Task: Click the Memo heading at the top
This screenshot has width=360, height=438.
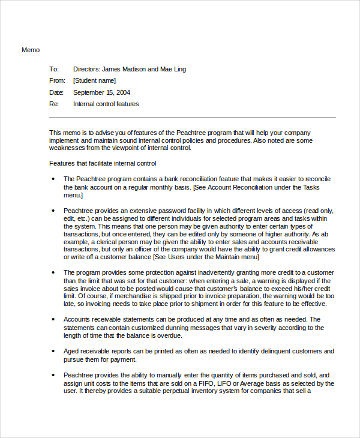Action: pyautogui.click(x=31, y=50)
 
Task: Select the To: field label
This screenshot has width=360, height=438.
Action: pyautogui.click(x=54, y=69)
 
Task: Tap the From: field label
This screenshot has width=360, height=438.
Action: pyautogui.click(x=57, y=80)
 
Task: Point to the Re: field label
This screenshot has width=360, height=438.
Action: pyautogui.click(x=54, y=104)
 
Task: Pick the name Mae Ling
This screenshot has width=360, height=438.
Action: pyautogui.click(x=173, y=69)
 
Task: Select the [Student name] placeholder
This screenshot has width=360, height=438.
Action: pyautogui.click(x=95, y=80)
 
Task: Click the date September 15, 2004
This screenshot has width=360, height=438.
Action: pyautogui.click(x=101, y=92)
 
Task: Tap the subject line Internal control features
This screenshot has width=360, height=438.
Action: pyautogui.click(x=106, y=104)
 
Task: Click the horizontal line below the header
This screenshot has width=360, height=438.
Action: pyautogui.click(x=192, y=118)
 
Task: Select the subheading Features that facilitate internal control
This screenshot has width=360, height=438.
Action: pyautogui.click(x=103, y=163)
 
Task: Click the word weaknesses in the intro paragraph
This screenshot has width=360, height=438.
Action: pyautogui.click(x=69, y=148)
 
